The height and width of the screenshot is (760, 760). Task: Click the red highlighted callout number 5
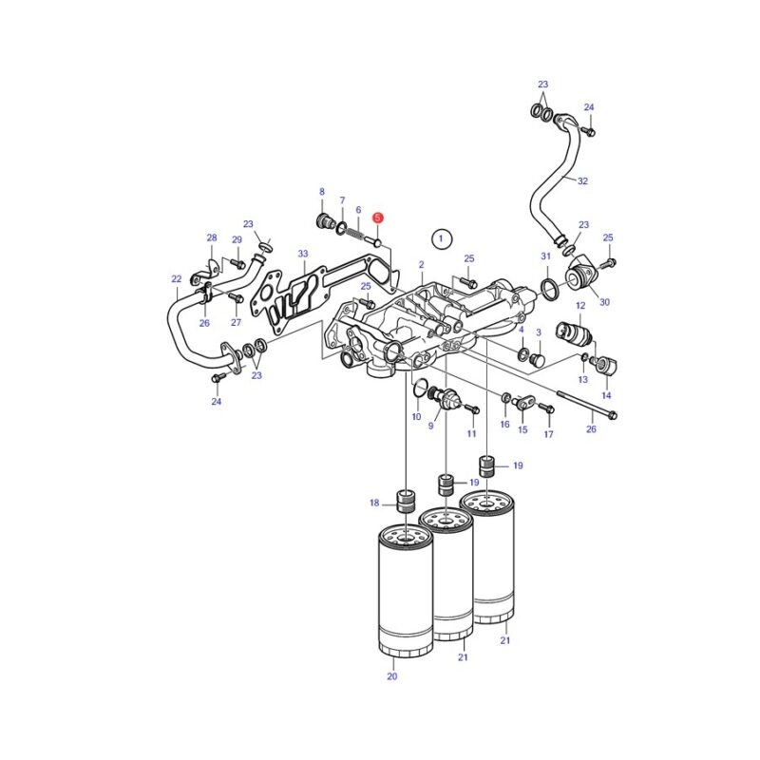pyautogui.click(x=377, y=218)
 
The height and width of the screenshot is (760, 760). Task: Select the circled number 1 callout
pyautogui.click(x=441, y=238)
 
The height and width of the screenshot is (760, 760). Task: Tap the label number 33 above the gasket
pyautogui.click(x=303, y=254)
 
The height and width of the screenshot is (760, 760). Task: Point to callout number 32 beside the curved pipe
pyautogui.click(x=582, y=180)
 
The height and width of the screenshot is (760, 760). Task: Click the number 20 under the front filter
pyautogui.click(x=392, y=675)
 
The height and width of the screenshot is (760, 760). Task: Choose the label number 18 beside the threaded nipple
pyautogui.click(x=374, y=503)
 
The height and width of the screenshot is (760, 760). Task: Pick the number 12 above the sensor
pyautogui.click(x=580, y=305)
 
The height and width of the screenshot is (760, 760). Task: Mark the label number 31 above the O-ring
pyautogui.click(x=545, y=256)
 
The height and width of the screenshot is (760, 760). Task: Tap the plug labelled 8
pyautogui.click(x=323, y=221)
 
